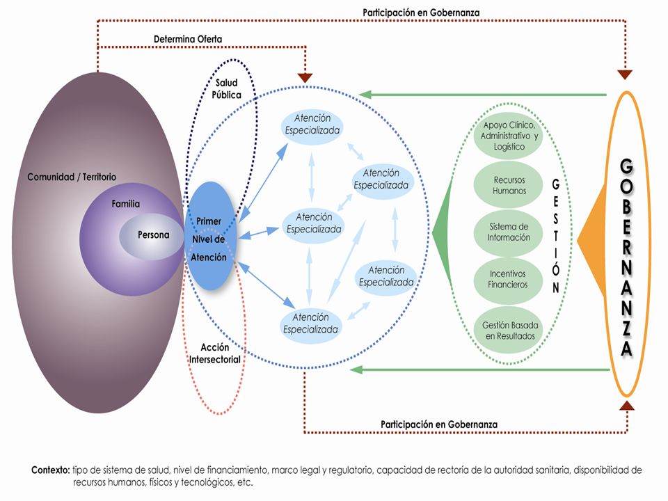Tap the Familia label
coord(126,204)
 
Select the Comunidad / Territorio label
coord(72,177)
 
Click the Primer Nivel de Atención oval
coord(209,237)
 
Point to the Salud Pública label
coord(226,88)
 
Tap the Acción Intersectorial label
coord(215,353)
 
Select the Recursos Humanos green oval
coord(508,185)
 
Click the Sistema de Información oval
coord(508,232)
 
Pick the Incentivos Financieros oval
coord(508,280)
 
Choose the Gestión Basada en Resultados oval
coord(509,330)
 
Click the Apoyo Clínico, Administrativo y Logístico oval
coord(509,136)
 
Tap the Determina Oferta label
coord(188,39)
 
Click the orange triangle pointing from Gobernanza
coord(592,240)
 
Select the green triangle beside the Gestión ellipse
coord(443,233)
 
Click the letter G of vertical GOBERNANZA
coord(626,166)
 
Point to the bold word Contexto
coord(51,470)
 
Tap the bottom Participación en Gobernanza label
coord(439,424)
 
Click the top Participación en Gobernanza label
coord(421,13)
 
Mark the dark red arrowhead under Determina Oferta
coord(305,78)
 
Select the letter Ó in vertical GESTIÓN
coord(555,269)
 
